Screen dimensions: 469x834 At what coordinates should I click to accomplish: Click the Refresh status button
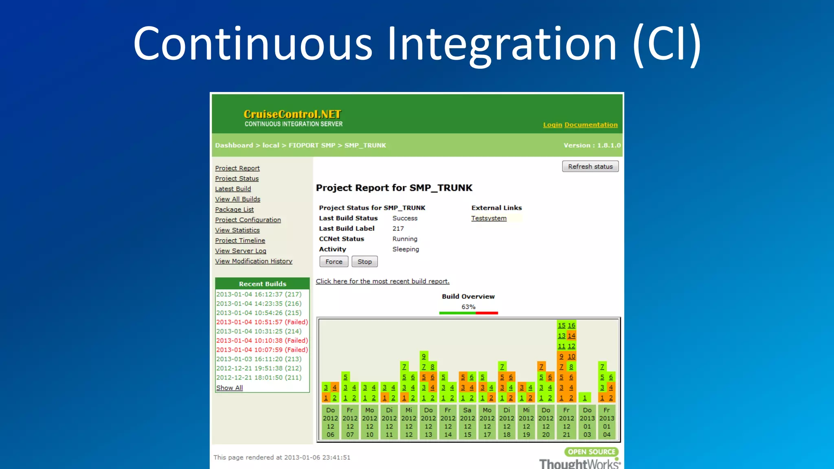[590, 167]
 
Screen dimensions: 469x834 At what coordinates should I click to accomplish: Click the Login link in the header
[552, 125]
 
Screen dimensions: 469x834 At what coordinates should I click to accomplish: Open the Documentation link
[591, 125]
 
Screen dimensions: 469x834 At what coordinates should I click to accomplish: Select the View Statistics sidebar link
[237, 230]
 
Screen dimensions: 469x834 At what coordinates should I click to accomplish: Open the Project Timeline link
[240, 241]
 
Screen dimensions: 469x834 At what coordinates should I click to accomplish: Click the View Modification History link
[253, 261]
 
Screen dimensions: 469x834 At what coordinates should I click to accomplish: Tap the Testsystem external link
[489, 218]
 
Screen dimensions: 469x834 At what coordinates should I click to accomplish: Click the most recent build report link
[382, 281]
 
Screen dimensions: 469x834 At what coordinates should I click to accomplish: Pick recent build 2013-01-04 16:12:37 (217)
[259, 294]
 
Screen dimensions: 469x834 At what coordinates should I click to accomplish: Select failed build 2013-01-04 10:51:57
[262, 322]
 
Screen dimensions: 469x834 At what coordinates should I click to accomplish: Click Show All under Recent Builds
[229, 388]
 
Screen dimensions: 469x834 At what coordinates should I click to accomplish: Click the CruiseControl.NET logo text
[292, 114]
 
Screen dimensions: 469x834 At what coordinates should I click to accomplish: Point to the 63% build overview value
[468, 307]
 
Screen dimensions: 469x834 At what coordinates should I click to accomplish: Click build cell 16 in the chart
[571, 325]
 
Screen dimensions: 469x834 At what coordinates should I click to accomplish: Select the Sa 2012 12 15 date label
[467, 422]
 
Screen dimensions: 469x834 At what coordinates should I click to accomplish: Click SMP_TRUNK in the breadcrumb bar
[365, 145]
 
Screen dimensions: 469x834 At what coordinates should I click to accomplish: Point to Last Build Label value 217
[398, 229]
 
